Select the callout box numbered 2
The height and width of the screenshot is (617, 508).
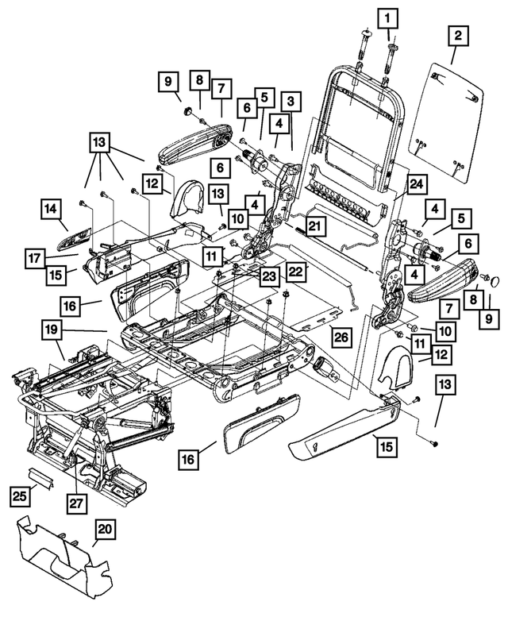458,35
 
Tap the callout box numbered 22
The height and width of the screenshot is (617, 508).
295,272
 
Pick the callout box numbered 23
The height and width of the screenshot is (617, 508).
270,277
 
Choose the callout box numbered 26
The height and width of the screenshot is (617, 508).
340,337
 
